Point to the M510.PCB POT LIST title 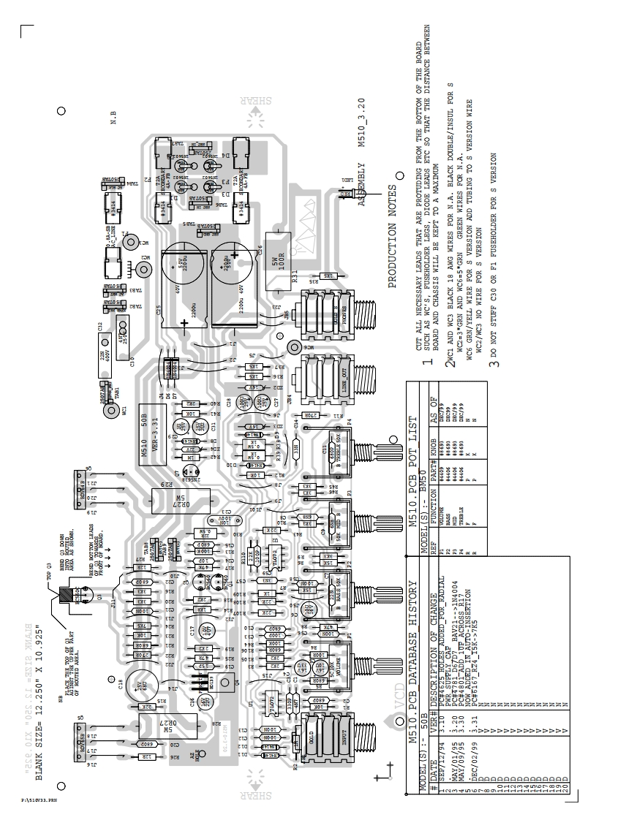tap(414, 449)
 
